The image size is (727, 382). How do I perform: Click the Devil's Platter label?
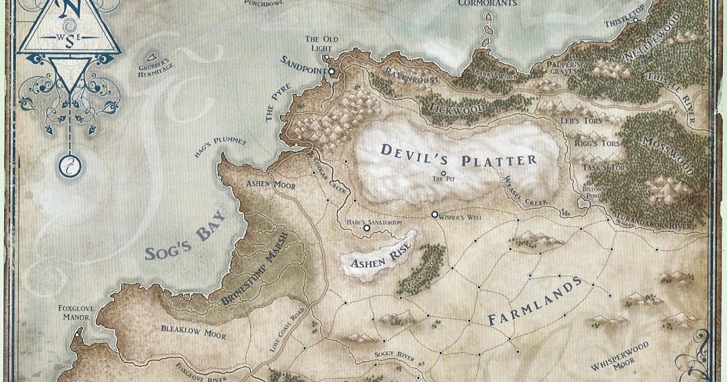coord(459,155)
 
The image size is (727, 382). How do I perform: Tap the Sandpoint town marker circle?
coord(331,72)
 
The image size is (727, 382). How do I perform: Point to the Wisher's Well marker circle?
coord(434,214)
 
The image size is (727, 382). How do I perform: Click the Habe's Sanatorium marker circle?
coord(366,229)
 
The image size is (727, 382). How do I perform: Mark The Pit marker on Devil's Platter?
coord(443,173)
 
